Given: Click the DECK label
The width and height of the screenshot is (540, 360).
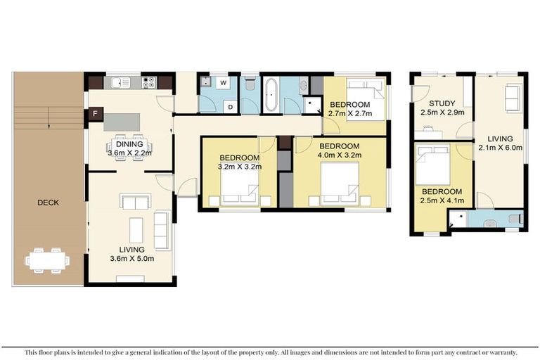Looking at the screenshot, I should [x=49, y=202].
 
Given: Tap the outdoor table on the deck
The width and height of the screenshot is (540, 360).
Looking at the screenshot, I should [x=48, y=259].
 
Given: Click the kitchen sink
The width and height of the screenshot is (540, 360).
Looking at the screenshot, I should [x=117, y=82].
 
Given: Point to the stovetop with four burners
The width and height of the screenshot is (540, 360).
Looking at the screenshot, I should [x=149, y=82].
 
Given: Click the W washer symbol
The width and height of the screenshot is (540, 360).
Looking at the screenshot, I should [x=224, y=83].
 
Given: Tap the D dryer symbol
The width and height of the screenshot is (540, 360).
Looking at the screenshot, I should [x=230, y=106].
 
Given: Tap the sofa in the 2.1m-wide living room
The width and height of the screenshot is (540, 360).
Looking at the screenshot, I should [x=513, y=98].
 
